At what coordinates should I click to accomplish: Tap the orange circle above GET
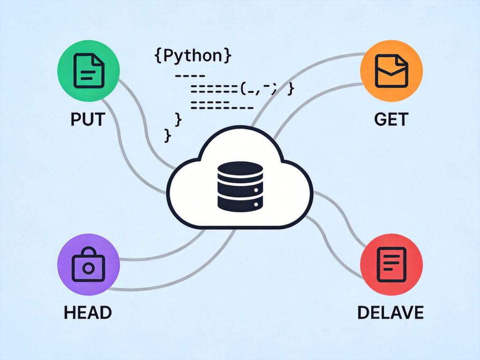pyautogui.click(x=391, y=71)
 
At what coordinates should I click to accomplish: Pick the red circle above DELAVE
pyautogui.click(x=391, y=264)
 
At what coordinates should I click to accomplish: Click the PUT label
pyautogui.click(x=88, y=119)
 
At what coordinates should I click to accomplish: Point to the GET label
pyautogui.click(x=391, y=119)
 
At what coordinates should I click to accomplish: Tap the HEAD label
pyautogui.click(x=88, y=312)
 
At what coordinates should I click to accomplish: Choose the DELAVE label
pyautogui.click(x=390, y=312)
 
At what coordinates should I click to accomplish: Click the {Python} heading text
pyautogui.click(x=193, y=55)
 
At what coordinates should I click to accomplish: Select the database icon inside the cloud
pyautogui.click(x=240, y=185)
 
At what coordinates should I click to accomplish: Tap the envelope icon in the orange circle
pyautogui.click(x=391, y=71)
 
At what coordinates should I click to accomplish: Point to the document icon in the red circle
pyautogui.click(x=391, y=264)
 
